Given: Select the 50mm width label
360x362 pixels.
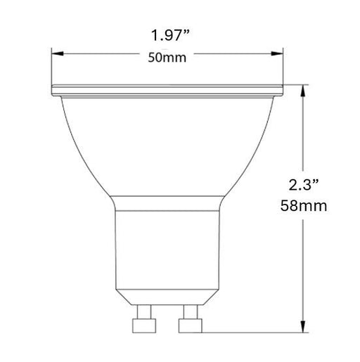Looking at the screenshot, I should point(168,58).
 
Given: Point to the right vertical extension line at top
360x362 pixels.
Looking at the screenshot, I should point(283,67).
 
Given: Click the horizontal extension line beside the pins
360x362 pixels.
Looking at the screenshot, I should point(253,330).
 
